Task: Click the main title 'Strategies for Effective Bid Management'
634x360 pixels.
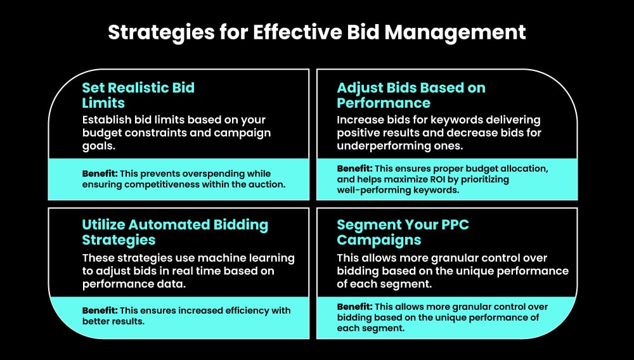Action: [316, 32]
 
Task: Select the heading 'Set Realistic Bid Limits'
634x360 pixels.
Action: [138, 95]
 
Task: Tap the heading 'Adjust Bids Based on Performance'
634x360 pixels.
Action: [411, 95]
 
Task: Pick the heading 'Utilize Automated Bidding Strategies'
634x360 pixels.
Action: [175, 232]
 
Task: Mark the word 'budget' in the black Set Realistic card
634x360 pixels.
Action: [101, 133]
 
